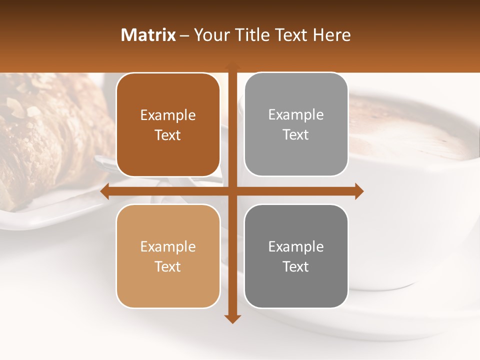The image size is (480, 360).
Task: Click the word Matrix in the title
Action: (148, 35)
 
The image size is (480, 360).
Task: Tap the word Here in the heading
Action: (331, 35)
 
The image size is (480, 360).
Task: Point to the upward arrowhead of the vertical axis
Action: (232, 66)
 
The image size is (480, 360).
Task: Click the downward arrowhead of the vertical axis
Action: (232, 318)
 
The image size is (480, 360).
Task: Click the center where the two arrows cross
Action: (232, 191)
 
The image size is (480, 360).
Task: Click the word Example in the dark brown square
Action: (168, 115)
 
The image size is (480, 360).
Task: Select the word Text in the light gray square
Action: (296, 135)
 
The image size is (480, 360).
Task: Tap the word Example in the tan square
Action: (168, 247)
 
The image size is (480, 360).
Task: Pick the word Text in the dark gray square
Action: (296, 266)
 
